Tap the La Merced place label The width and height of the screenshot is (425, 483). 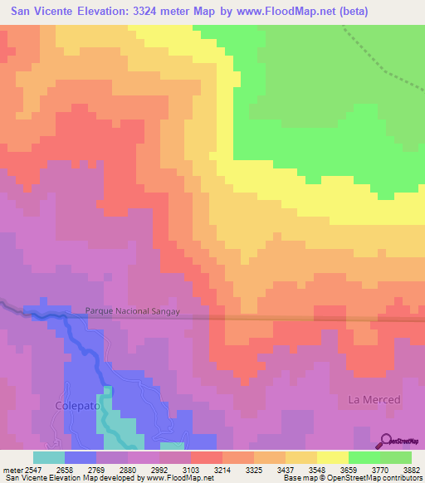pyautogui.click(x=374, y=399)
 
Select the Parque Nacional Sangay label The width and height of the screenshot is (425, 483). pyautogui.click(x=133, y=311)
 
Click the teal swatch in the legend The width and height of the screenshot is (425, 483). pyautogui.click(x=49, y=456)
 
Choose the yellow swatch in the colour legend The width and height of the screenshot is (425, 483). pyautogui.click(x=333, y=456)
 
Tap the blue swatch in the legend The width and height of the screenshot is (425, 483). pyautogui.click(x=81, y=456)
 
